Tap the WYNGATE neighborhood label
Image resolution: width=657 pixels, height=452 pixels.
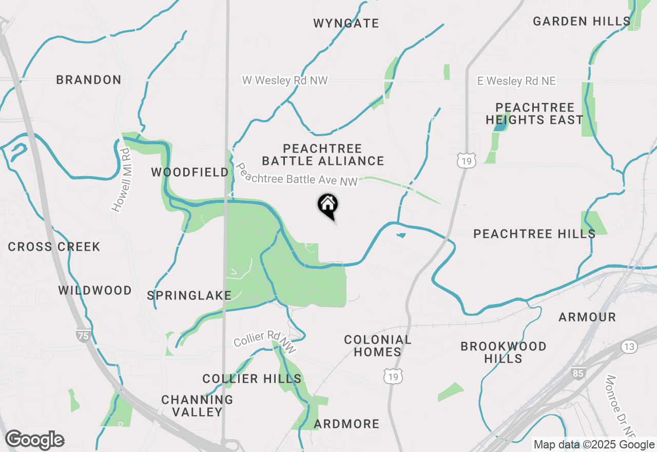346,23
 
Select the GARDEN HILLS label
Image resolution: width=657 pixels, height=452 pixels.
581,21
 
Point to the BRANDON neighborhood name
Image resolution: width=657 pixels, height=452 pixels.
89,80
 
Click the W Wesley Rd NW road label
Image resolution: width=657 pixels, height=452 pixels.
285,81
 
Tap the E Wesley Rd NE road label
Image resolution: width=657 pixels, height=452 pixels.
516,81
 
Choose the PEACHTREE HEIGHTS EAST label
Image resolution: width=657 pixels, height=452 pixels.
534,114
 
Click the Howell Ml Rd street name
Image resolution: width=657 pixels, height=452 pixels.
121,180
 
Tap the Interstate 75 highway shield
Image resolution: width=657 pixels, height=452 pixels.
82,336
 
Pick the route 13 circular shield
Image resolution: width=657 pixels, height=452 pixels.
629,347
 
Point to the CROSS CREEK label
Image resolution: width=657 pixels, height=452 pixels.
54,247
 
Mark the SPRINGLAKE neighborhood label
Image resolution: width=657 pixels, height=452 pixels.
189,295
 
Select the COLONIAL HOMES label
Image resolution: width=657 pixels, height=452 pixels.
377,346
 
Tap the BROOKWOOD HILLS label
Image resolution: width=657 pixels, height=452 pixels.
503,352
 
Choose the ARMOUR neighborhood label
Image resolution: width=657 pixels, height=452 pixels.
587,317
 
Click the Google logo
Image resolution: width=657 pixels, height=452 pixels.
35,440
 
